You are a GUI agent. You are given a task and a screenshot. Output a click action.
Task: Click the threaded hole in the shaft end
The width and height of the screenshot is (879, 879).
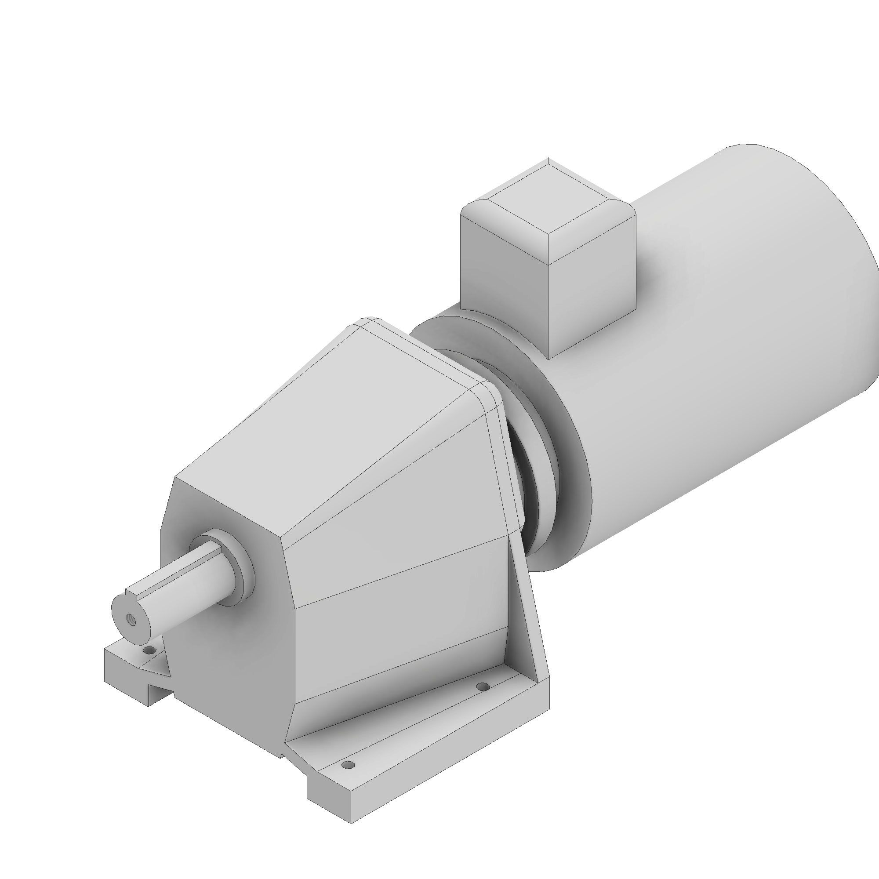click(x=131, y=619)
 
